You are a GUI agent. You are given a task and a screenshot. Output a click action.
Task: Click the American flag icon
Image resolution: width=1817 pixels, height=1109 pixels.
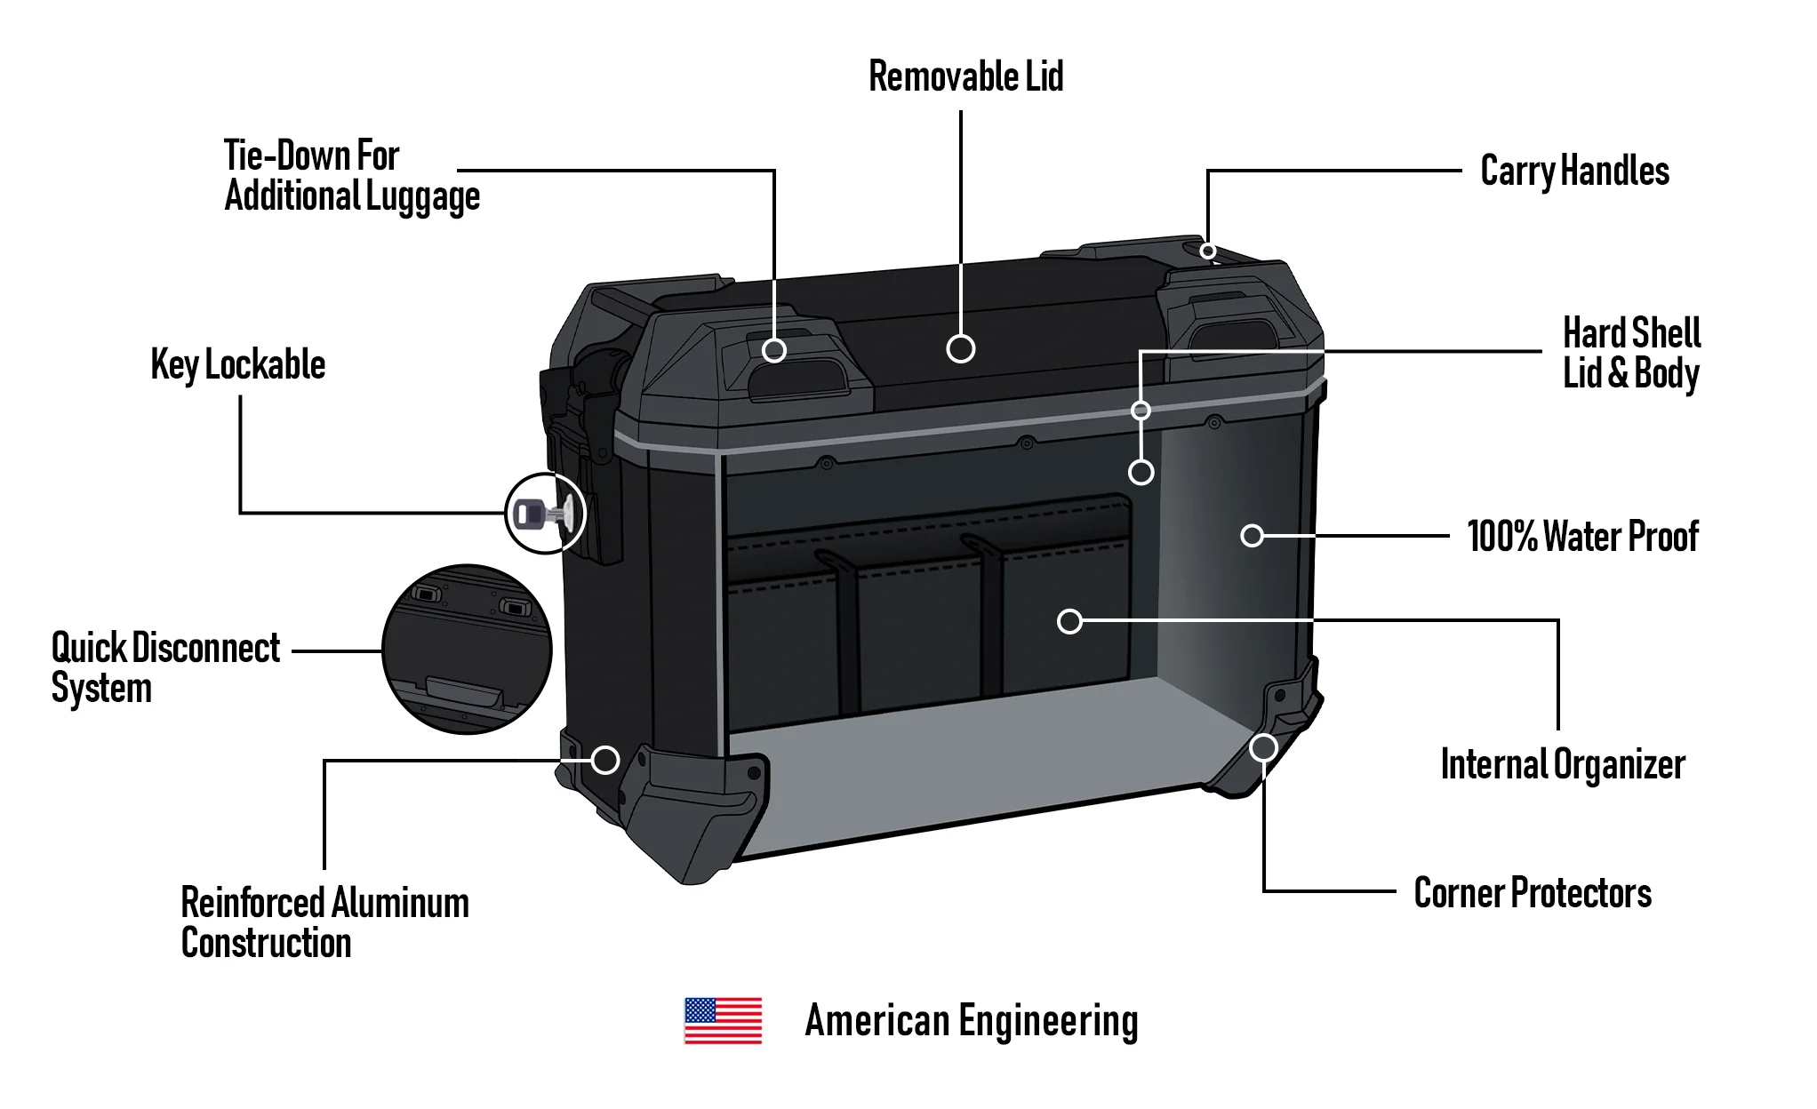point(723,1020)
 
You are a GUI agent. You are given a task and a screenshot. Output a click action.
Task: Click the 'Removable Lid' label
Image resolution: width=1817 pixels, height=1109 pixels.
point(965,76)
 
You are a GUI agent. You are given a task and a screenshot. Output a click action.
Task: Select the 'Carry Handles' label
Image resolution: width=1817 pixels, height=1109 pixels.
point(1574,171)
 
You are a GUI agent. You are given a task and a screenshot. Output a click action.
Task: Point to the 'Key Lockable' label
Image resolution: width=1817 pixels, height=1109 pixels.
point(238,365)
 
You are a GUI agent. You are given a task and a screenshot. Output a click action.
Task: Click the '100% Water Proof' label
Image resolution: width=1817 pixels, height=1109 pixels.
point(1582,537)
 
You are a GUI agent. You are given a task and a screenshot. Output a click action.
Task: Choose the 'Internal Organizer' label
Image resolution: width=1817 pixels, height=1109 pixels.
point(1562,764)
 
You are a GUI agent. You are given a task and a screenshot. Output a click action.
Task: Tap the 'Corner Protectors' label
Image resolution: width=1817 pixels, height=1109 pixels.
point(1533,893)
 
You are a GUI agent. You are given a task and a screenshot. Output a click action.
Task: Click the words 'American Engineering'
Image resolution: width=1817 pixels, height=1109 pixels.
point(971,1021)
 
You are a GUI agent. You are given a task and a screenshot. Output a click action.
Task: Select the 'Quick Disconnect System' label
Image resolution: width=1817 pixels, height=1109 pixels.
point(165,667)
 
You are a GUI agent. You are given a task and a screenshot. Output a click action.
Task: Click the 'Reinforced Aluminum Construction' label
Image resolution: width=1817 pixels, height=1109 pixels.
point(324,922)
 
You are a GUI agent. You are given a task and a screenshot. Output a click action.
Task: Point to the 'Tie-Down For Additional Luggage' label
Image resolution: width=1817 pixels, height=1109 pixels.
point(352,175)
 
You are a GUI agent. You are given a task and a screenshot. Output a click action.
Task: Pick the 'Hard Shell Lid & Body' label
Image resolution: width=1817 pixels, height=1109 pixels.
point(1631,353)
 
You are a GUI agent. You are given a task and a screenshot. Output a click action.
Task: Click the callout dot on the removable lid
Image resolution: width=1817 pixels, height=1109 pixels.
point(961,348)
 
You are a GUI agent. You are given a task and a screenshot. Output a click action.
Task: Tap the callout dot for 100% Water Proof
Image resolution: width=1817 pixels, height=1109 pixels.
point(1252,536)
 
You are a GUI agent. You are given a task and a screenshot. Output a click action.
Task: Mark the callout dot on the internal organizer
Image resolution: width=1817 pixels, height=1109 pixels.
point(1069,621)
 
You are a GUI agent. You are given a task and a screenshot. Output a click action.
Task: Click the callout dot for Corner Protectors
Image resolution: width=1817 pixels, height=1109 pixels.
point(1263,748)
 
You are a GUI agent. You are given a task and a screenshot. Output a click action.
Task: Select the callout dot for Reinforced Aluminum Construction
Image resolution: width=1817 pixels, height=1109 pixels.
point(605,760)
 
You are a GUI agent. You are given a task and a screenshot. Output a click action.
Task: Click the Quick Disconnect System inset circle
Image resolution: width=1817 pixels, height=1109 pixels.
point(467,650)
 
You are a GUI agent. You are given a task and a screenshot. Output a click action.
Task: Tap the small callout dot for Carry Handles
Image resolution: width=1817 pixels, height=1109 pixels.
point(1207,251)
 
